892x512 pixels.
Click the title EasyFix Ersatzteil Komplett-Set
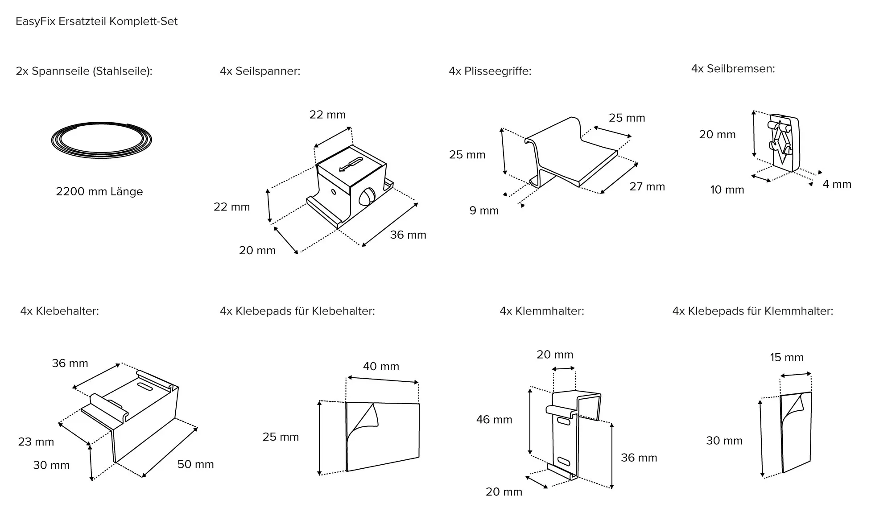pyautogui.click(x=96, y=21)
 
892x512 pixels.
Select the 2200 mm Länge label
pyautogui.click(x=99, y=192)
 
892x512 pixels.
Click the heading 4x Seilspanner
pyautogui.click(x=260, y=71)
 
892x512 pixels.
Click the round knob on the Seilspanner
pyautogui.click(x=367, y=196)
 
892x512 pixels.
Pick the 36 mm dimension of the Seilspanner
pyautogui.click(x=408, y=235)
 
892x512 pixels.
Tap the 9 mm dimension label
pyautogui.click(x=484, y=211)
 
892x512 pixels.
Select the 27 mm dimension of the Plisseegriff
pyautogui.click(x=647, y=187)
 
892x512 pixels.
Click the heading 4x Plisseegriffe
pyautogui.click(x=490, y=71)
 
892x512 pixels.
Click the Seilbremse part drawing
pyautogui.click(x=783, y=141)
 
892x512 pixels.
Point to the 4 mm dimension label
pyautogui.click(x=837, y=184)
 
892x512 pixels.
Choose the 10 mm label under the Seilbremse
pyautogui.click(x=727, y=190)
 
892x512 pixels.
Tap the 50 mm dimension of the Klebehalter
pyautogui.click(x=195, y=464)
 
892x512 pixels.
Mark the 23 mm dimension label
pyautogui.click(x=36, y=442)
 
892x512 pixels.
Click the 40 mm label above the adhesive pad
pyautogui.click(x=381, y=366)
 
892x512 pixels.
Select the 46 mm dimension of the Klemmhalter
pyautogui.click(x=494, y=420)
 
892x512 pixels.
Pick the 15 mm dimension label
pyautogui.click(x=787, y=357)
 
